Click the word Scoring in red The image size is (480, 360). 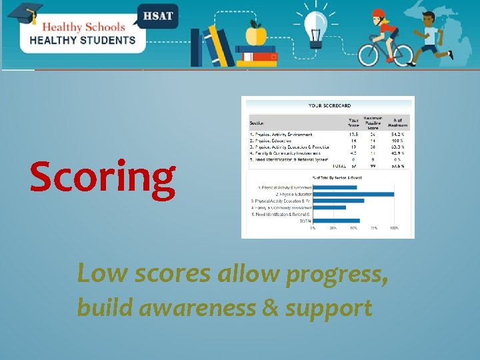coord(102,179)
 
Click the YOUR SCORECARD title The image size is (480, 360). coord(329,105)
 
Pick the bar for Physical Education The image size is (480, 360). coord(353,194)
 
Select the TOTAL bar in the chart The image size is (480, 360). coord(336,221)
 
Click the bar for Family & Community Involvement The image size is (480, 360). coord(329,207)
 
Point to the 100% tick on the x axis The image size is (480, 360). coord(394,228)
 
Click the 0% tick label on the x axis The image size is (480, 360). coord(313,228)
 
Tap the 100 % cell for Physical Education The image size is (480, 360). coord(398,141)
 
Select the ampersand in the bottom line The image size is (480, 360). coord(270,308)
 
